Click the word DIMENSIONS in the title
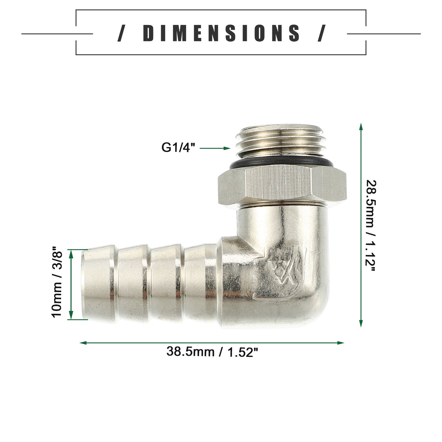tap(221, 33)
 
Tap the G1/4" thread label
tap(178, 147)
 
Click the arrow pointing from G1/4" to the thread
tap(215, 148)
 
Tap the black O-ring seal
tap(281, 163)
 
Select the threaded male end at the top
tap(281, 141)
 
